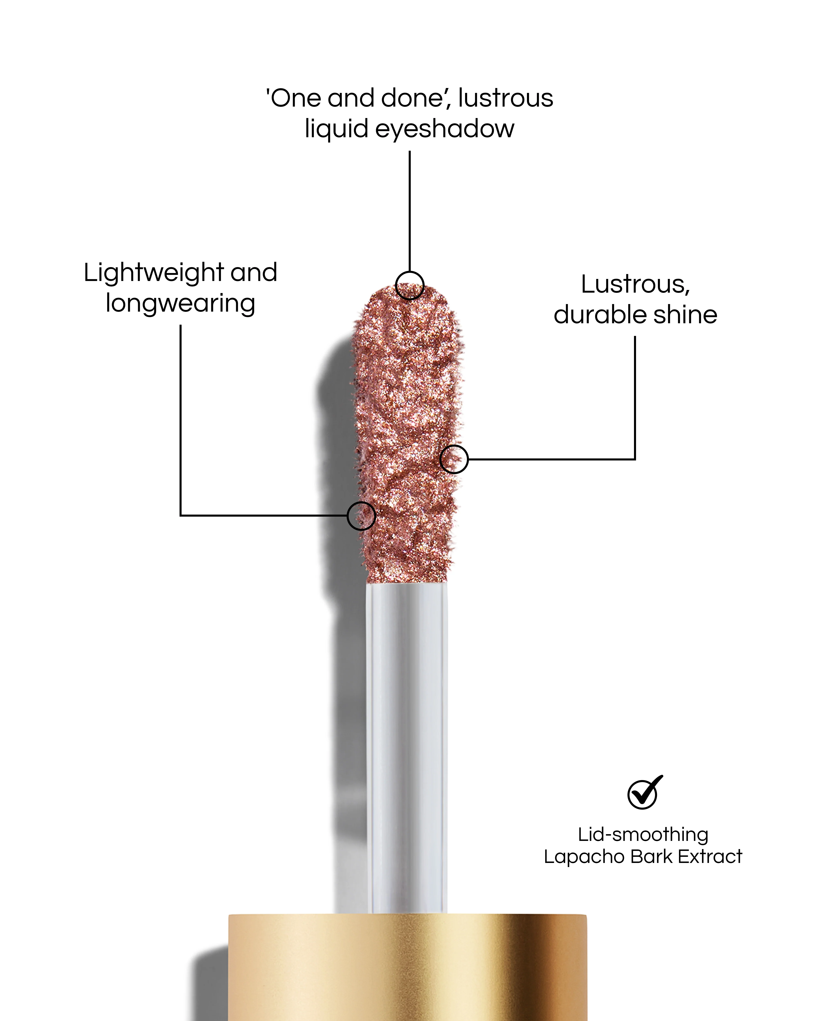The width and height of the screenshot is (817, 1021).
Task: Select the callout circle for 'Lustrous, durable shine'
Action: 454,459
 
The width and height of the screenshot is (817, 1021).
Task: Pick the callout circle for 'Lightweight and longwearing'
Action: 361,516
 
